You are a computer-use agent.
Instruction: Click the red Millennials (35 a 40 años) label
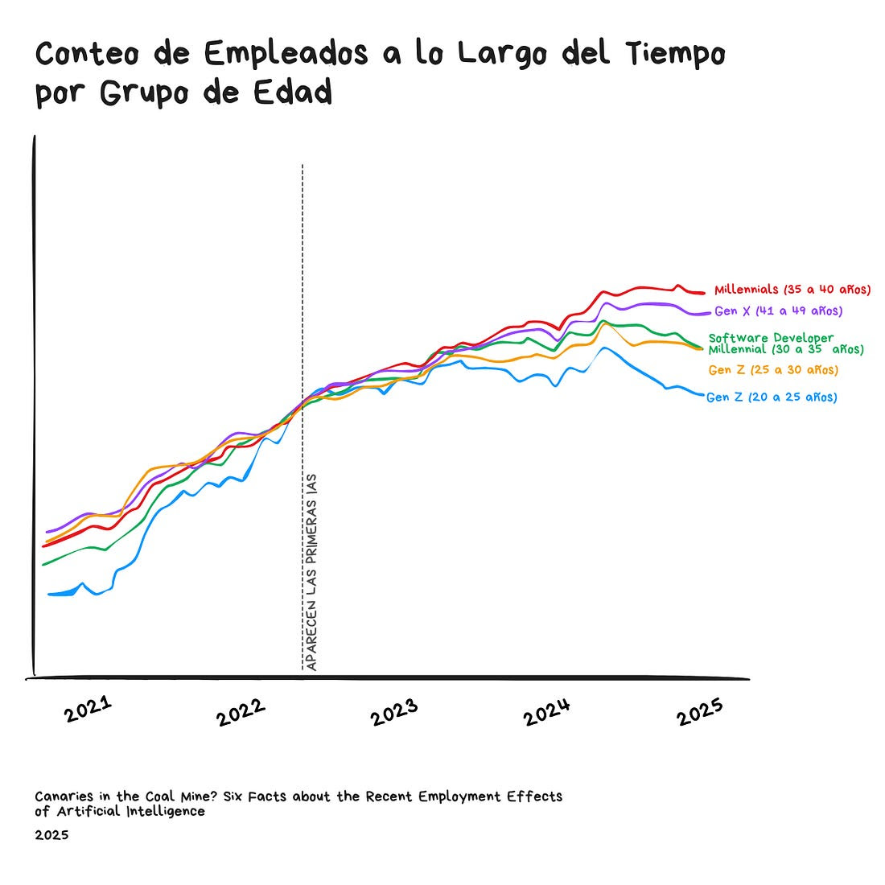pyautogui.click(x=792, y=290)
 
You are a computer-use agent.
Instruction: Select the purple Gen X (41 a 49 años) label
pyautogui.click(x=778, y=311)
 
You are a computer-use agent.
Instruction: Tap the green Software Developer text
pyautogui.click(x=771, y=338)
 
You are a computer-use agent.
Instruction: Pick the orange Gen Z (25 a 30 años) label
pyautogui.click(x=773, y=370)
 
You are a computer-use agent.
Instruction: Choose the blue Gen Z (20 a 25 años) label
pyautogui.click(x=772, y=397)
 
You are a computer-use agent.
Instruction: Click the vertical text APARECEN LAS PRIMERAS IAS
pyautogui.click(x=311, y=571)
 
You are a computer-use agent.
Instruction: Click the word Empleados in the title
pyautogui.click(x=286, y=54)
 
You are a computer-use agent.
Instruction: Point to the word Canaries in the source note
pyautogui.click(x=65, y=796)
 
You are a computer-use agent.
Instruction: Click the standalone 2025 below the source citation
pyautogui.click(x=51, y=835)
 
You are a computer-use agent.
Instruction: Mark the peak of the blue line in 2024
pyautogui.click(x=605, y=348)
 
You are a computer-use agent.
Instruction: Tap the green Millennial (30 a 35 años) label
pyautogui.click(x=785, y=350)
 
